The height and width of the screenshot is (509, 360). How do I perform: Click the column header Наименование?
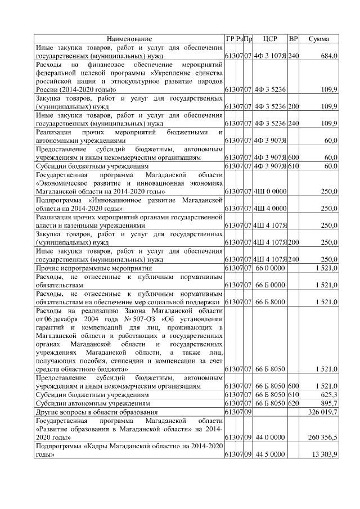(x=129, y=38)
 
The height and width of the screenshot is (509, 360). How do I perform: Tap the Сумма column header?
(x=319, y=38)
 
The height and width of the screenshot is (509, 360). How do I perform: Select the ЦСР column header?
(x=270, y=38)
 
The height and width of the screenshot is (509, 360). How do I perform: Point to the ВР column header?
(x=293, y=38)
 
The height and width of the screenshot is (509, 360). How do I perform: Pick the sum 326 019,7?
(x=322, y=412)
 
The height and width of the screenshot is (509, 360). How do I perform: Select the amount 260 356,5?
(x=322, y=436)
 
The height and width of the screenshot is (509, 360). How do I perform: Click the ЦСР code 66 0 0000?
(x=270, y=269)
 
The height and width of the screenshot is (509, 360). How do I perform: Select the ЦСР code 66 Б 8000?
(x=270, y=302)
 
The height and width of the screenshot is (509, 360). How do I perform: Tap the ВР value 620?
(x=293, y=404)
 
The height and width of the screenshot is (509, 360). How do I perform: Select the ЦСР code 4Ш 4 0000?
(x=270, y=209)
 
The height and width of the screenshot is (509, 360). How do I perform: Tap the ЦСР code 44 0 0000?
(x=270, y=436)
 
